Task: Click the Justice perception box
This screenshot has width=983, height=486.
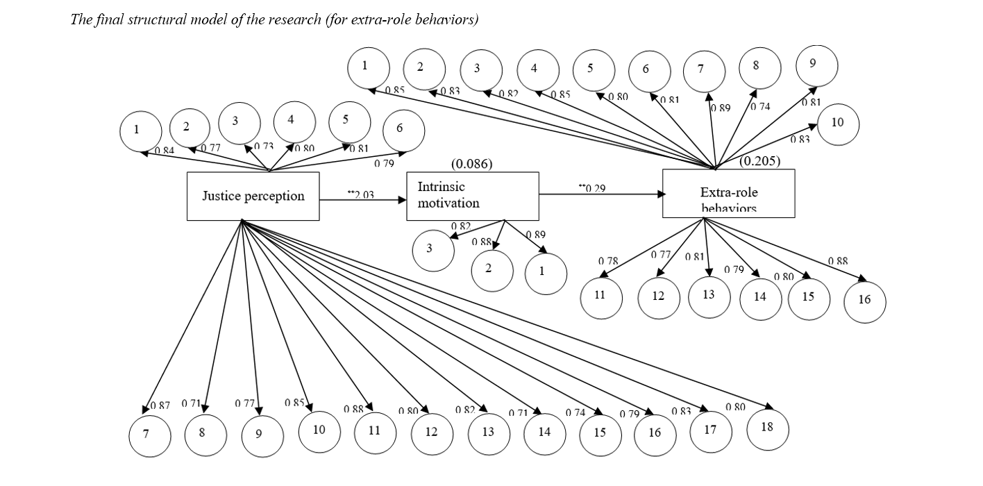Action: (253, 196)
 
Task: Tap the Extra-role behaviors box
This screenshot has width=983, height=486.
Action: (728, 193)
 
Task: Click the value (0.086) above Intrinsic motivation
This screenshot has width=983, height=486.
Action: (472, 165)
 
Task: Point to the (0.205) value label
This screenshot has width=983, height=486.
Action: (759, 161)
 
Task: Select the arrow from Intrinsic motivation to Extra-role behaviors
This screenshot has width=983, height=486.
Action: (600, 195)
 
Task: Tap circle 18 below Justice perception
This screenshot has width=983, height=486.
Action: (767, 428)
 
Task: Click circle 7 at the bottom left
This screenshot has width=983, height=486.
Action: (149, 435)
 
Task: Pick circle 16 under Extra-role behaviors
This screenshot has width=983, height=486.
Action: (864, 301)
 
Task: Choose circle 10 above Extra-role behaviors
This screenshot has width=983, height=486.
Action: (838, 123)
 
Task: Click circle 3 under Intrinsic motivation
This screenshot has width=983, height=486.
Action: (432, 249)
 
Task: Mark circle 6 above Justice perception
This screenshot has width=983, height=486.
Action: (403, 129)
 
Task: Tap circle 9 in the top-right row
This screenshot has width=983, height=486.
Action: (816, 65)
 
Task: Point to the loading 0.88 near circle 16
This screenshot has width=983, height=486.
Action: (837, 261)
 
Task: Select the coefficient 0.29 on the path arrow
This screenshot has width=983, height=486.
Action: (594, 188)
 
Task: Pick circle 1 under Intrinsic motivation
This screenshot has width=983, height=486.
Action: (545, 272)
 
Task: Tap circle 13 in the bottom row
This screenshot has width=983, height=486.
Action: (488, 433)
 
